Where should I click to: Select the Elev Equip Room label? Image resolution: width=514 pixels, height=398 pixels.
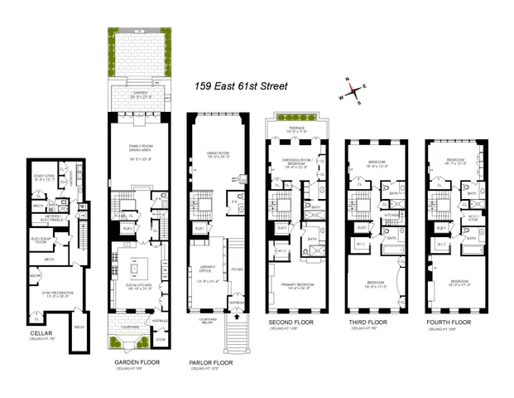[42, 240]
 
